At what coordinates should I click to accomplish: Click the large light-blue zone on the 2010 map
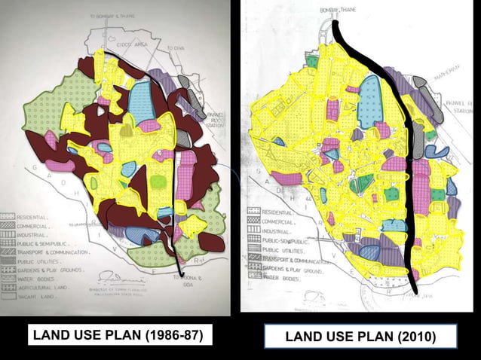click(x=371, y=102)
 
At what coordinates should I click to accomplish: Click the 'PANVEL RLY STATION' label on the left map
click(x=214, y=120)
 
